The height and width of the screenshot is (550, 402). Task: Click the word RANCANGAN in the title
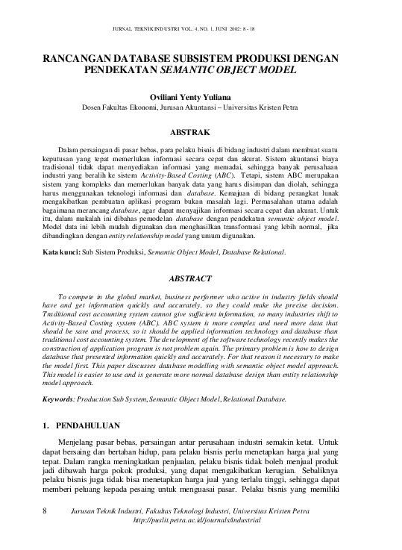pyautogui.click(x=78, y=58)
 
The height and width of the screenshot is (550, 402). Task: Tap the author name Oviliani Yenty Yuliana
pyautogui.click(x=201, y=96)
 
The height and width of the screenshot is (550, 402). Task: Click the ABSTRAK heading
pyautogui.click(x=201, y=132)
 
